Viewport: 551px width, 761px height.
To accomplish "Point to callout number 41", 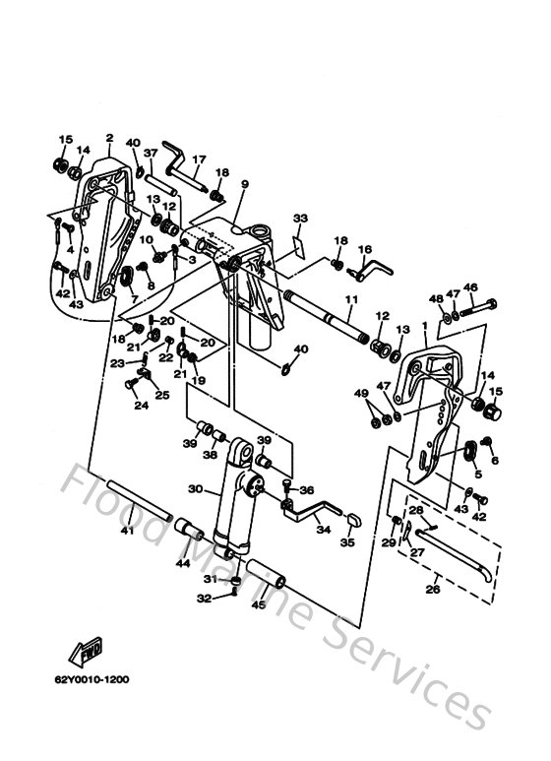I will [x=126, y=533].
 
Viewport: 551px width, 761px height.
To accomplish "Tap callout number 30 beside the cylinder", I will [x=194, y=489].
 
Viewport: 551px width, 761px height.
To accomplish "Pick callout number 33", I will [x=301, y=218].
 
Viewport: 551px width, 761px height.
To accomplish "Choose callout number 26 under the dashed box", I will [x=433, y=591].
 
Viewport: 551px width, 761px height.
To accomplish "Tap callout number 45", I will [x=258, y=605].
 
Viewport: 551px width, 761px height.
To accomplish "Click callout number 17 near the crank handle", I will [x=198, y=159].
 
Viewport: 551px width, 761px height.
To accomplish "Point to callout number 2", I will [x=109, y=139].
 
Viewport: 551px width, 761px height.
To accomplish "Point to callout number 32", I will [x=203, y=598].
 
